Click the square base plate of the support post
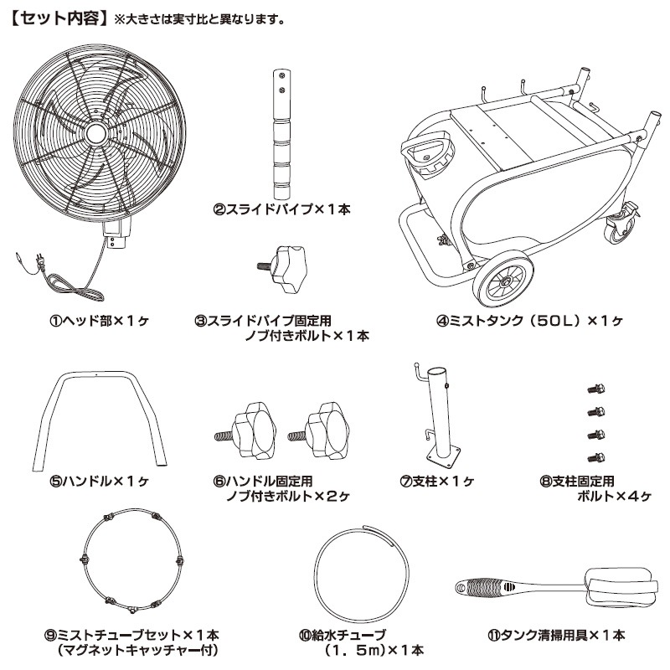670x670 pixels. [x=443, y=453]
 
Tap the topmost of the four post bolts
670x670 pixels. [x=595, y=389]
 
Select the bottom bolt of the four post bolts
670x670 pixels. [x=595, y=456]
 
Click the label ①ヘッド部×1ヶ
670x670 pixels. [x=98, y=320]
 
